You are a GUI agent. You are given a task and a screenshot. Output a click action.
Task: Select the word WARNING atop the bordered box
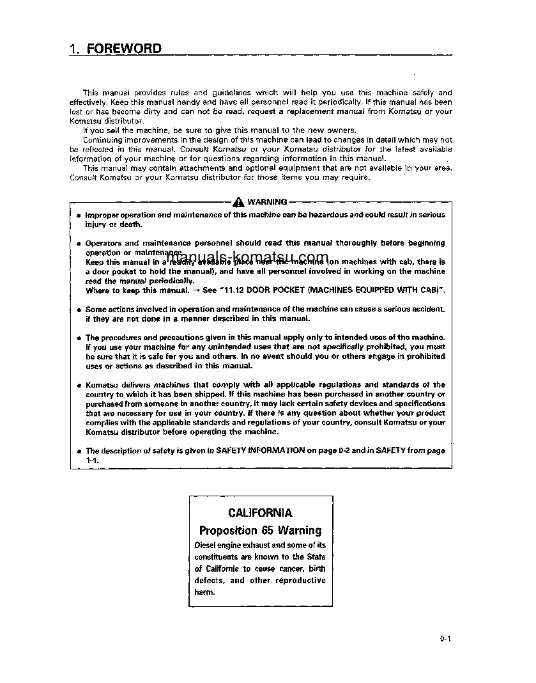pyautogui.click(x=267, y=201)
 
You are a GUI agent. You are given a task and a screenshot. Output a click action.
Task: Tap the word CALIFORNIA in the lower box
pyautogui.click(x=260, y=513)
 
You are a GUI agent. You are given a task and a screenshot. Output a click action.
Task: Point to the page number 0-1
pyautogui.click(x=445, y=638)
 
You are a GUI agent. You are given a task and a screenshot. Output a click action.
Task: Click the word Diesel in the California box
pyautogui.click(x=206, y=546)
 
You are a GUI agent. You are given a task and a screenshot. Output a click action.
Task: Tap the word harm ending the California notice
pyautogui.click(x=204, y=592)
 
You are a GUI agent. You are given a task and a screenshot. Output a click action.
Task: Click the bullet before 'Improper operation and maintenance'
pyautogui.click(x=78, y=216)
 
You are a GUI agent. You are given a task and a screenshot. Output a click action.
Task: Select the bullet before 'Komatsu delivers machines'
pyautogui.click(x=78, y=386)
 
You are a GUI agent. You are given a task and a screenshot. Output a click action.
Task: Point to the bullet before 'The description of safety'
pyautogui.click(x=78, y=451)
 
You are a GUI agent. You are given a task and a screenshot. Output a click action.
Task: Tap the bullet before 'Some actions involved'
pyautogui.click(x=78, y=310)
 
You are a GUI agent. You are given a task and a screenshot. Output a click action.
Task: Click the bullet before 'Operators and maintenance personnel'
pyautogui.click(x=78, y=244)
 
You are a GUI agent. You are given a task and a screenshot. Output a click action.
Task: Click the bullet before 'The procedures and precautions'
pyautogui.click(x=78, y=338)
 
